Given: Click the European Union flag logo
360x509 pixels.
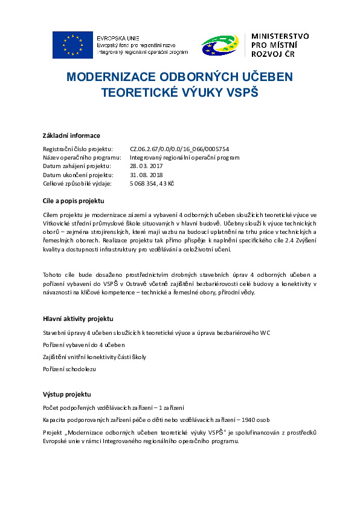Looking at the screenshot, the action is (72, 45).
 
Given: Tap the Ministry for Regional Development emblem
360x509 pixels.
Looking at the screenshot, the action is (220, 45).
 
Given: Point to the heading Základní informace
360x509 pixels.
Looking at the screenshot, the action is (71, 135).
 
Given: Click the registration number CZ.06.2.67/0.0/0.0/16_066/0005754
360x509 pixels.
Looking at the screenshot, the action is (179, 149).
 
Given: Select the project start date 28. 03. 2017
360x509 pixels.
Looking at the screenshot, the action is (147, 166).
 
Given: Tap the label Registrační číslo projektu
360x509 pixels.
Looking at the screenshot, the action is (77, 149).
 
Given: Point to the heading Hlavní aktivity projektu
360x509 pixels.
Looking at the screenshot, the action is (78, 319).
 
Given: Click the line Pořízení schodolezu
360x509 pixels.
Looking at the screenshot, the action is (69, 368).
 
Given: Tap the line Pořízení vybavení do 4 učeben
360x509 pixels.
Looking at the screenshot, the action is (83, 345).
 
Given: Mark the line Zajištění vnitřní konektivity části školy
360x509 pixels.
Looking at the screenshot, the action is (94, 357).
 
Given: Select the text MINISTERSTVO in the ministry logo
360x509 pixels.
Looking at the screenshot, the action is (280, 36).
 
